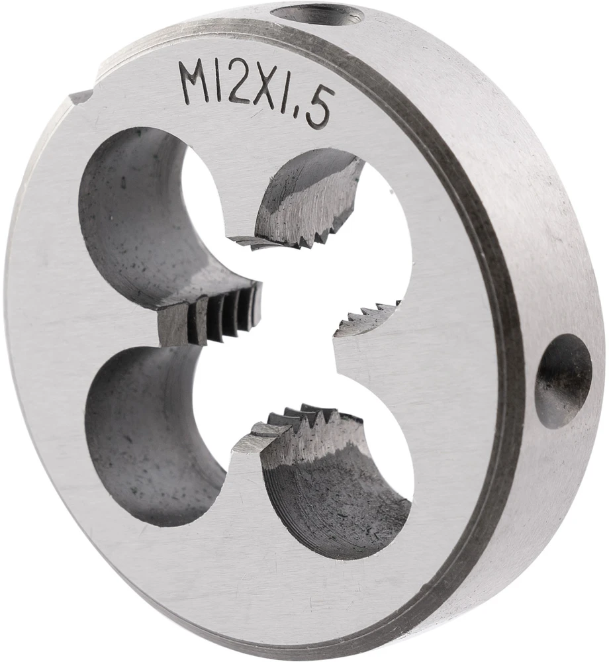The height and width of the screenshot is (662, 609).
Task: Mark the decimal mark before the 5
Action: click(x=299, y=118)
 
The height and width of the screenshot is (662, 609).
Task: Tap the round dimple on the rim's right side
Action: click(x=563, y=381)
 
